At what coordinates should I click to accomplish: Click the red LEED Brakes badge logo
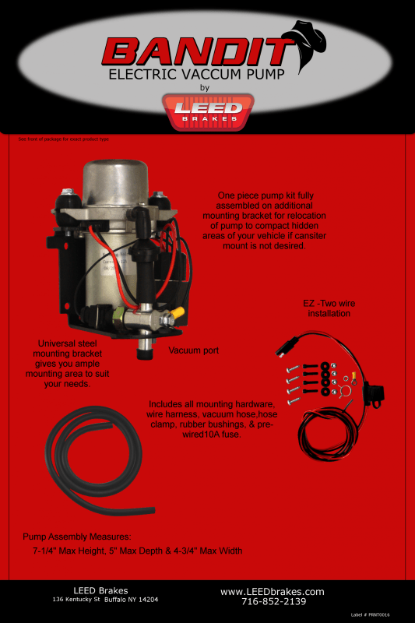click(207, 112)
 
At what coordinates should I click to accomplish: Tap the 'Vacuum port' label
click(194, 350)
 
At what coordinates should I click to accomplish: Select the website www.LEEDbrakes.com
click(272, 592)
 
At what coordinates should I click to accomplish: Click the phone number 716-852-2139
click(273, 602)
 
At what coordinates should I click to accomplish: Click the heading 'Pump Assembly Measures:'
click(76, 537)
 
